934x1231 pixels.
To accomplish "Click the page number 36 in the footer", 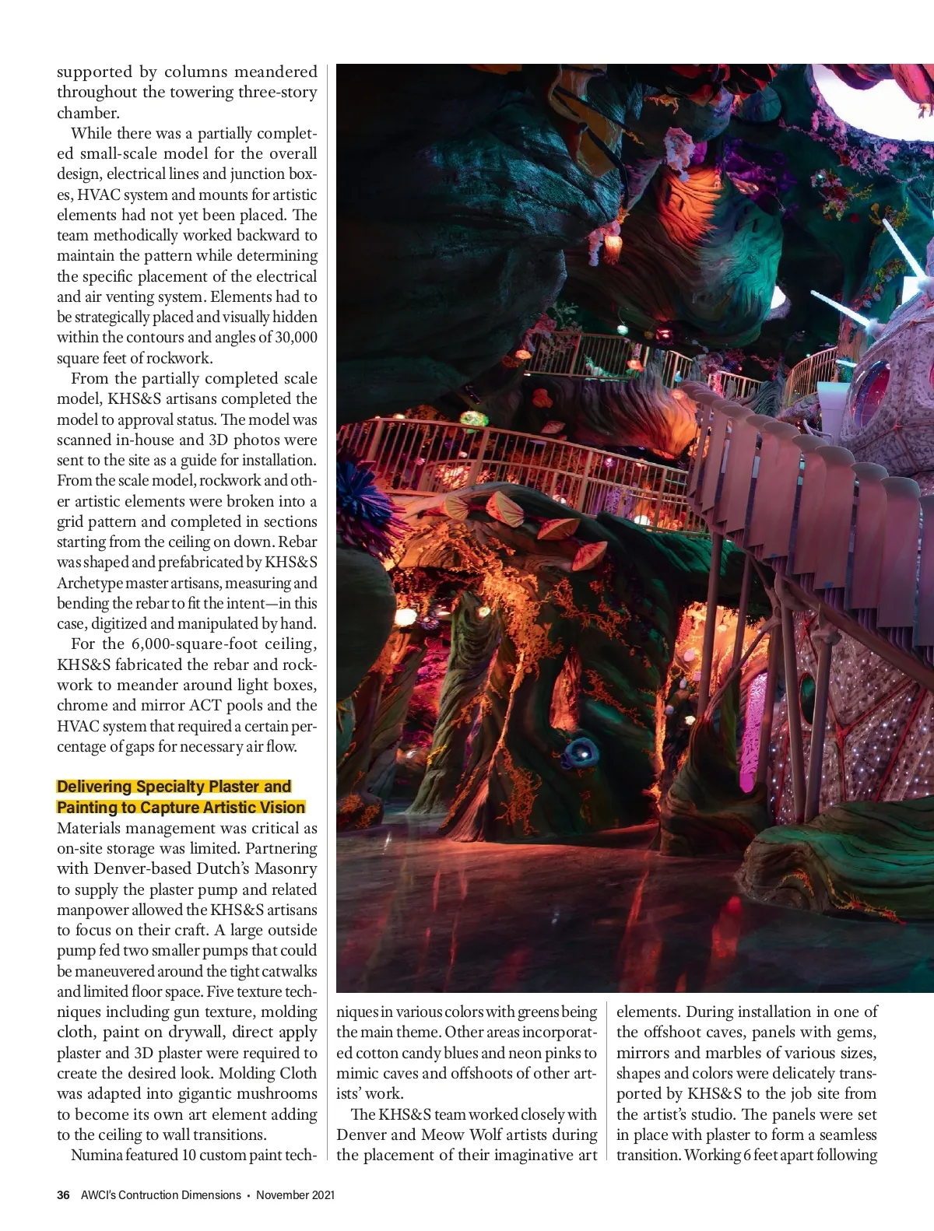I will click(63, 1194).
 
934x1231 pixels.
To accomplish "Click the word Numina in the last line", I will click(96, 1155).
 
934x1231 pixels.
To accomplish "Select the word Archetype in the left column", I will click(89, 583).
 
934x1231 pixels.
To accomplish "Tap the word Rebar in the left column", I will click(297, 542).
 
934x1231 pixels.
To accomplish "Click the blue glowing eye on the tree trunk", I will click(581, 752).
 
